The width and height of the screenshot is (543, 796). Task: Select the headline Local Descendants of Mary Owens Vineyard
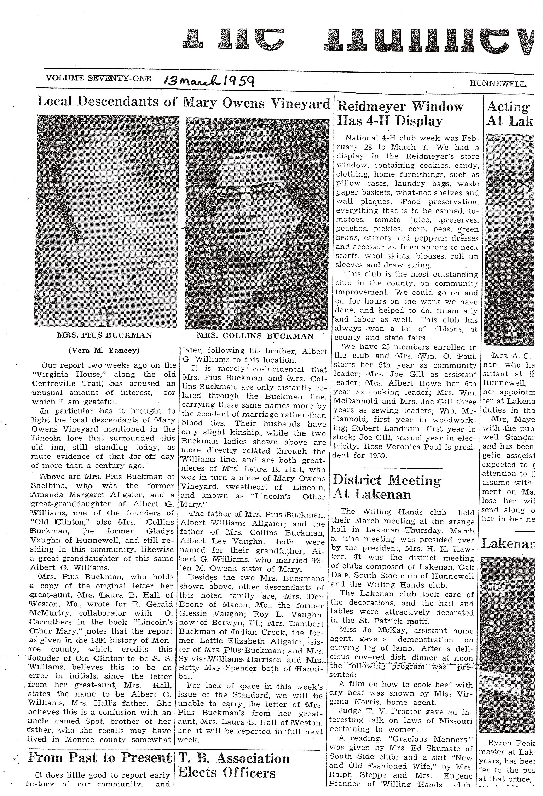183,102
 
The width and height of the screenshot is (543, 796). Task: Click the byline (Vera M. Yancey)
104,351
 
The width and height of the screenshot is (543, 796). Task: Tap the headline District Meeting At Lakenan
387,487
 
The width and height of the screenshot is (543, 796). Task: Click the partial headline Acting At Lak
509,114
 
